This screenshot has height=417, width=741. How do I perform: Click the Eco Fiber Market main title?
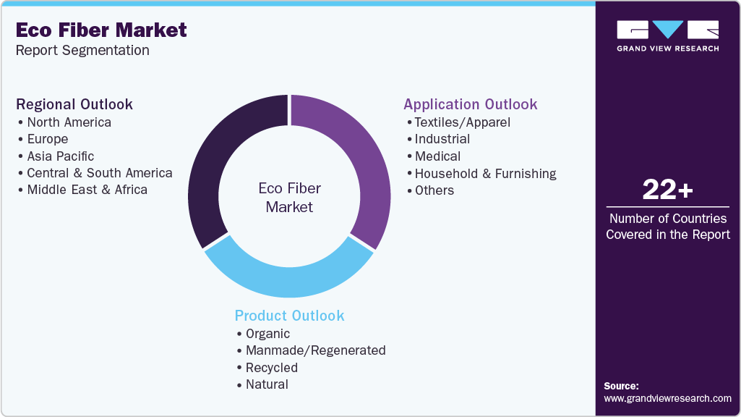point(101,30)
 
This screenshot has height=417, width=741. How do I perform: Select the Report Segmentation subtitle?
point(82,51)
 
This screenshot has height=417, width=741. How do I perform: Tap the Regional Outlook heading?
point(74,104)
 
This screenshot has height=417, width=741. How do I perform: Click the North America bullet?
point(69,122)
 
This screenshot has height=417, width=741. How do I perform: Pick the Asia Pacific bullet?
point(60,156)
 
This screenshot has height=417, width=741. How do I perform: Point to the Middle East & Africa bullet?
point(87,190)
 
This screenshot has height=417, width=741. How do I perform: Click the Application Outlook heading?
point(471,104)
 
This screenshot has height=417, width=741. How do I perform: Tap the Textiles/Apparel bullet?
point(462,122)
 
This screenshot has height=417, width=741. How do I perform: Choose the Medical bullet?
point(437,156)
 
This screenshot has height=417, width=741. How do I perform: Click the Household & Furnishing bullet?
point(485,174)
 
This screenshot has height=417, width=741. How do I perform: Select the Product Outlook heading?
point(289,316)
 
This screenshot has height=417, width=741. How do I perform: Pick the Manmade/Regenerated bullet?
point(315,350)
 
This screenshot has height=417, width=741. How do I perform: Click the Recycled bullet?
point(271,368)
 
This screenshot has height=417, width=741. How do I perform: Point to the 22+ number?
point(668,190)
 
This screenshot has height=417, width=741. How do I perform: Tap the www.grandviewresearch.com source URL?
point(667,398)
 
